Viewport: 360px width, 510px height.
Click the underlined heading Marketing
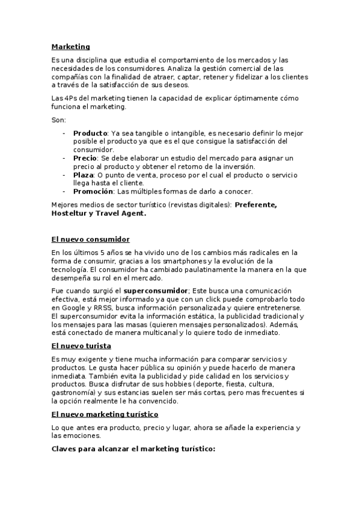[x=70, y=46]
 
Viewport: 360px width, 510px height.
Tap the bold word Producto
[x=90, y=133]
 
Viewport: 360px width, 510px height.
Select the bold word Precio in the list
[x=85, y=158]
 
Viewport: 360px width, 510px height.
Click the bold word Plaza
[x=84, y=175]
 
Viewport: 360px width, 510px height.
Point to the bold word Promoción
[x=93, y=191]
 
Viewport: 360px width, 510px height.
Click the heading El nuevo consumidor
[x=90, y=239]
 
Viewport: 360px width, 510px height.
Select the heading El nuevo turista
[x=81, y=346]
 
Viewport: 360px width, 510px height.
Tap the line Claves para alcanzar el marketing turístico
[x=133, y=449]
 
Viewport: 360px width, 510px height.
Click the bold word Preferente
[x=256, y=204]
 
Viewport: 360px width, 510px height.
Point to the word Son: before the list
[x=59, y=120]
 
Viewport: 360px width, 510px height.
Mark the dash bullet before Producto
[x=64, y=133]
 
